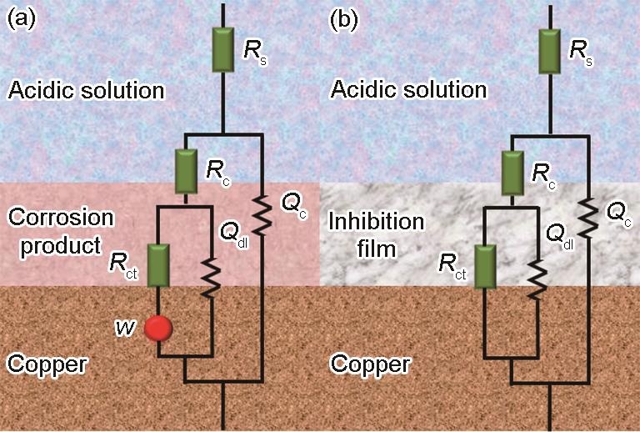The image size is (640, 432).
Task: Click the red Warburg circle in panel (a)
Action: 158,328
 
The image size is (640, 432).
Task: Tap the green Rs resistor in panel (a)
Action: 223,49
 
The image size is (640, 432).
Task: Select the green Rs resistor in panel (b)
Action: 549,52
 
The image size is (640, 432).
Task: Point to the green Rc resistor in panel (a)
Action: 186,172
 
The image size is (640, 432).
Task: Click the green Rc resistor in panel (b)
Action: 512,173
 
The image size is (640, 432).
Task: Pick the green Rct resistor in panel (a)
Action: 158,265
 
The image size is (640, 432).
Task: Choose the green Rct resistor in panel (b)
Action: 485,267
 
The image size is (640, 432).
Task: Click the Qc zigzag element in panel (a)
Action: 262,216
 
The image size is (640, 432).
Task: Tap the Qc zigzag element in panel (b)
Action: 588,218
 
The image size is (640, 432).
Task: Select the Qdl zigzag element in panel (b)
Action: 538,279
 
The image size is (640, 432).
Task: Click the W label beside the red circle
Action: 125,328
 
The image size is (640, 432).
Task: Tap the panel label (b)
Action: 343,19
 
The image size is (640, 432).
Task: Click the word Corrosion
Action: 61,217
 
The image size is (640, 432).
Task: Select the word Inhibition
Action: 377,222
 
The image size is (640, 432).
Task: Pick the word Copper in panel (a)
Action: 47,364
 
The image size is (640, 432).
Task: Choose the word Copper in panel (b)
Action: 371,364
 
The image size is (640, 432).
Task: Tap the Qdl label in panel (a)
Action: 234,234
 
